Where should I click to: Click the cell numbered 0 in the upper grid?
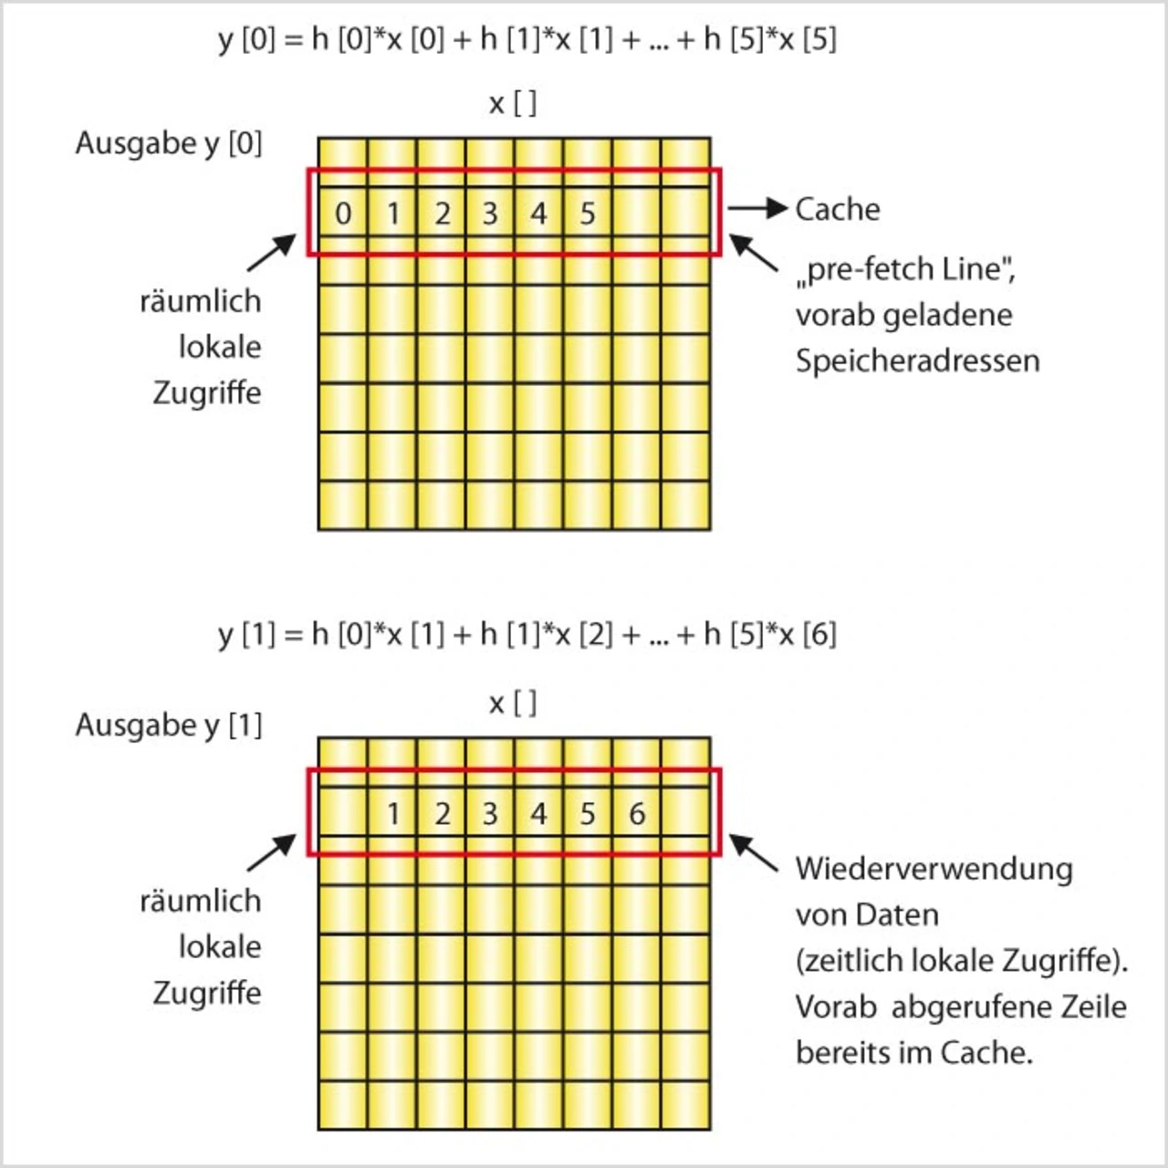point(343,214)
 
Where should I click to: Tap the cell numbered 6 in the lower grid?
point(637,813)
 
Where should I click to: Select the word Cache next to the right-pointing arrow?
point(837,209)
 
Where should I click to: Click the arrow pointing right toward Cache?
point(757,209)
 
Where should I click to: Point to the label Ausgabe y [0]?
point(169,143)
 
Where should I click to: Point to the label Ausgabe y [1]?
point(169,725)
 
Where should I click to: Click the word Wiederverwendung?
point(933,868)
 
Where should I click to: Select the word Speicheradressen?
point(917,360)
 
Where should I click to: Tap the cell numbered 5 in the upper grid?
point(588,214)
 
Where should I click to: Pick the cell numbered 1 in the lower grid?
point(392,813)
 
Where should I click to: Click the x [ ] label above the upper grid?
point(513,103)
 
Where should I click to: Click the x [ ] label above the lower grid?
point(513,704)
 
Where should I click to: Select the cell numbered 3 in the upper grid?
point(490,214)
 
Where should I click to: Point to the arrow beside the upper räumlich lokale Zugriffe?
point(272,253)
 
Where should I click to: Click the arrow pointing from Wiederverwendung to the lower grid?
point(753,853)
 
